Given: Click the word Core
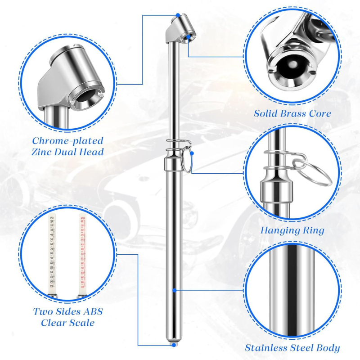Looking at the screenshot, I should [x=320, y=113].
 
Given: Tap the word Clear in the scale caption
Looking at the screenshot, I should [x=54, y=323].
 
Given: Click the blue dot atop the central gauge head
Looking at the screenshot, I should [x=179, y=15].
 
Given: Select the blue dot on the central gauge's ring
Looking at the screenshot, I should [x=192, y=153].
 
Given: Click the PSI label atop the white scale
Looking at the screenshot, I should [x=52, y=218].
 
